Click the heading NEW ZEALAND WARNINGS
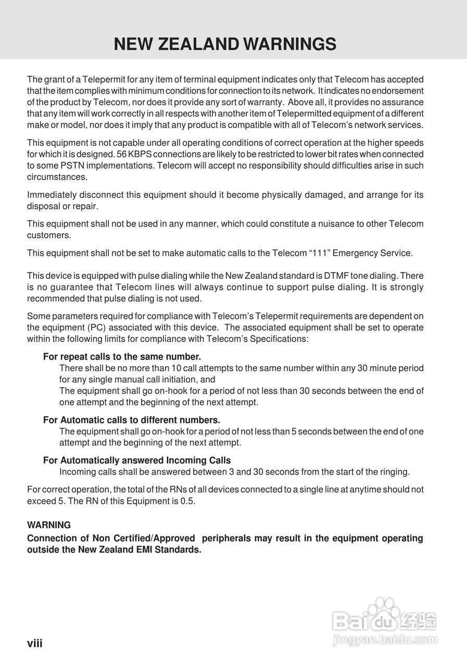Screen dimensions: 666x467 click(225, 44)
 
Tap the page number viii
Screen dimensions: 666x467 click(34, 644)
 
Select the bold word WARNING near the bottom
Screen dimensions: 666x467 click(49, 525)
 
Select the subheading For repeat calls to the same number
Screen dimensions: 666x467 click(122, 357)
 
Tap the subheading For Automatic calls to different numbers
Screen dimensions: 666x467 click(132, 420)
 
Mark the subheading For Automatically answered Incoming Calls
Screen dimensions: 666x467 click(137, 460)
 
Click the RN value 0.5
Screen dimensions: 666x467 click(187, 502)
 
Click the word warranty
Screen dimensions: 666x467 click(266, 103)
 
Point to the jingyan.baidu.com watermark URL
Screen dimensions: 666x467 click(385, 639)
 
